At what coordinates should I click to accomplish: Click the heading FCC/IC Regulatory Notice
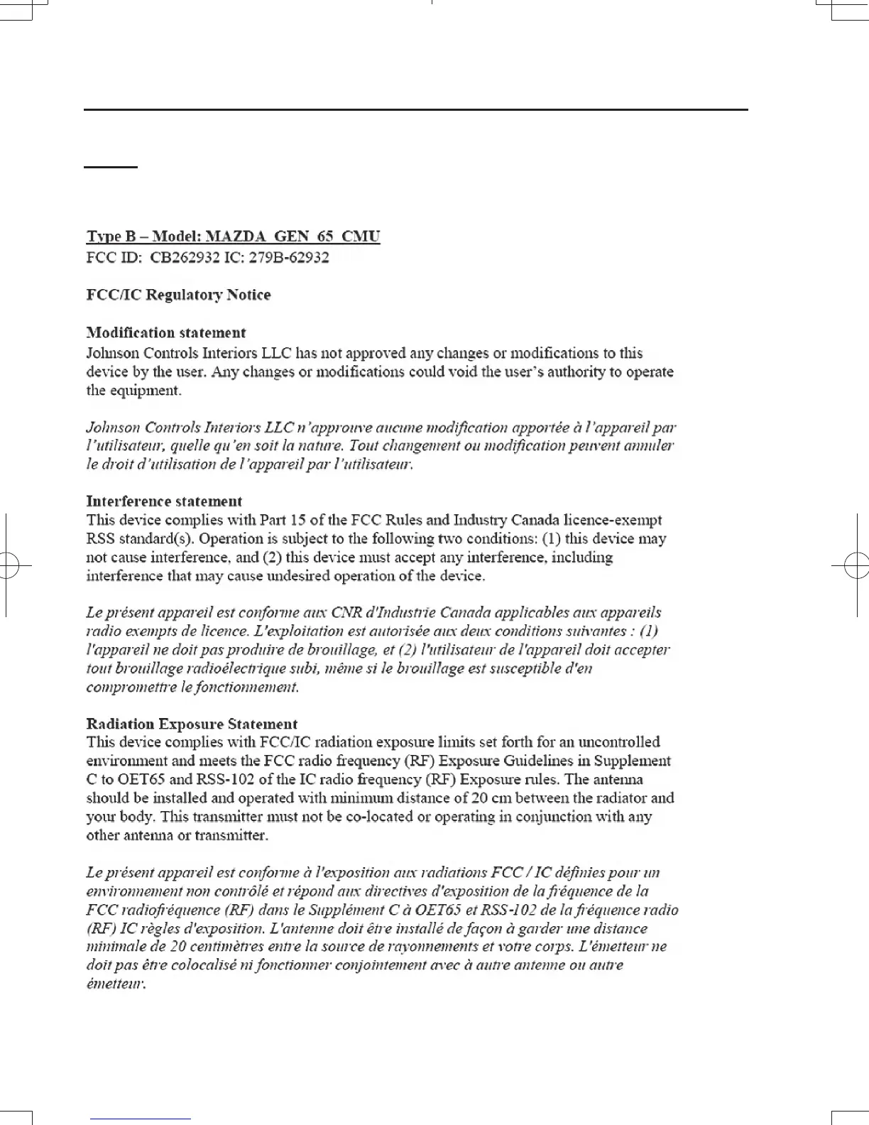178,295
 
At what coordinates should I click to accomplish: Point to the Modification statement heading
166,332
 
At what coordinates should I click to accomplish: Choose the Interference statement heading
164,501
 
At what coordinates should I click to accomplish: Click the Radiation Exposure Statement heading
192,724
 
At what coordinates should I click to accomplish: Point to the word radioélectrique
233,668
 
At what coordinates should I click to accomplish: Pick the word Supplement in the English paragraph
632,761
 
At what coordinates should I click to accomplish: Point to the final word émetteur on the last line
116,984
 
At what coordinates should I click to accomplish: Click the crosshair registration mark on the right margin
856,565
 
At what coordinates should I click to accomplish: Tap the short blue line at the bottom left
141,1119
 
